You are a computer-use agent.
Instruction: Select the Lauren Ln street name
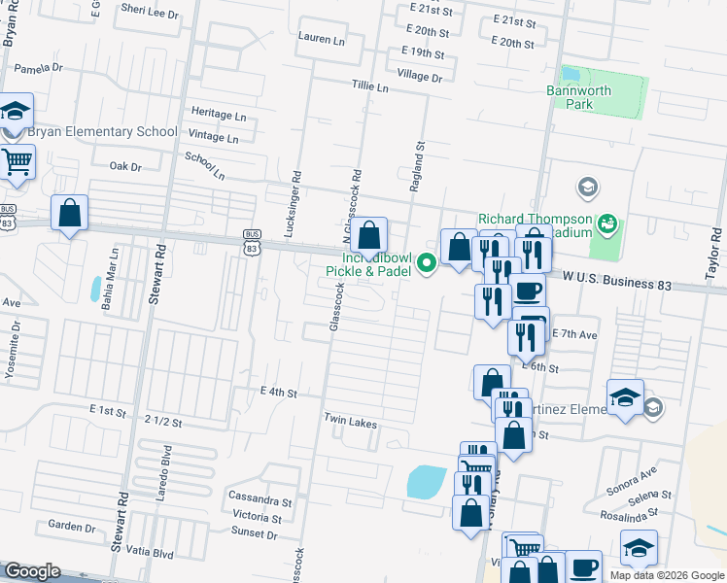coord(323,39)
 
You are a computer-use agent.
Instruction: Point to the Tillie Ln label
coord(370,87)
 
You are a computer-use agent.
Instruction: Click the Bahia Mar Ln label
coord(114,277)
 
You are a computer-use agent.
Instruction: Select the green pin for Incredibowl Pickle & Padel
coord(426,262)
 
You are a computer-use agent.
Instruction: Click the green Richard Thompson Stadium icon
coord(608,224)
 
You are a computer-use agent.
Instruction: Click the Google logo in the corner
coord(32,571)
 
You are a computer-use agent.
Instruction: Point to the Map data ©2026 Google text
coord(666,575)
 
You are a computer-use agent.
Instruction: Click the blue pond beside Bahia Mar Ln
coord(94,288)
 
